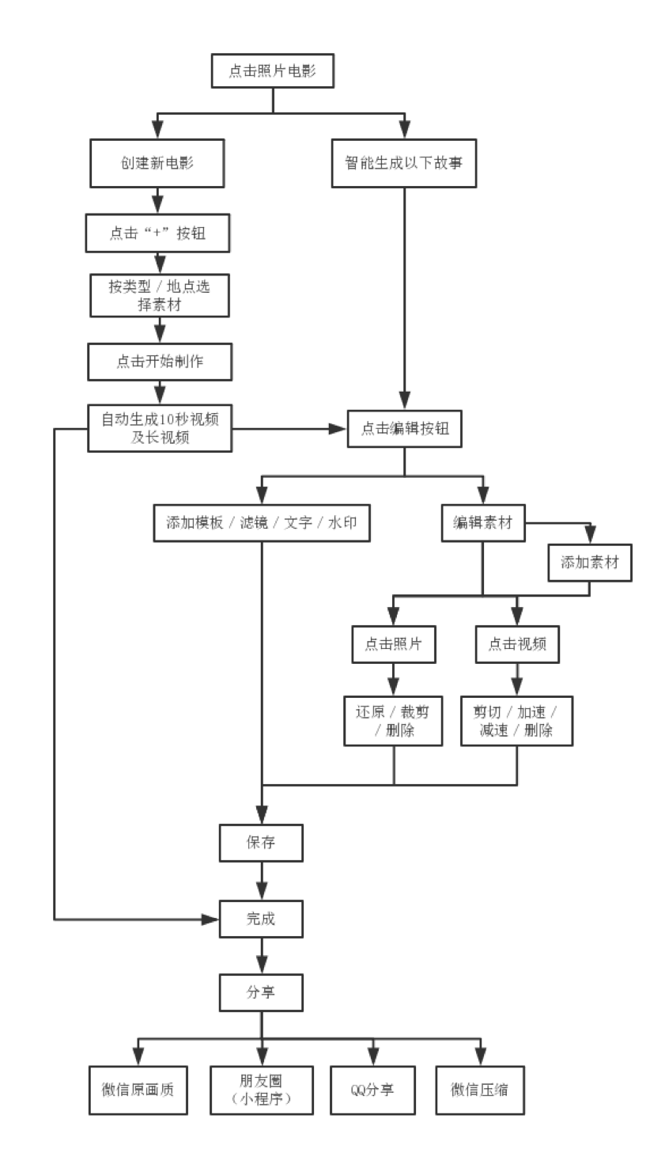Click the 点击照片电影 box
[273, 71]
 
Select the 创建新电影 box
[157, 163]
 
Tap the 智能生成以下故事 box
[404, 163]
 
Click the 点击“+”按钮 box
[157, 233]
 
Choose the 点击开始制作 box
[160, 362]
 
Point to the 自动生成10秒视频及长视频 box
[160, 428]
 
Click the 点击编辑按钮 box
[404, 428]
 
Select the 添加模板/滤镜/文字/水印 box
[262, 522]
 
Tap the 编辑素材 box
[482, 522]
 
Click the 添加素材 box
[590, 563]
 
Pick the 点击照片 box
[393, 643]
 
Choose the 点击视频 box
[517, 643]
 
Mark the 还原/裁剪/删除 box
[393, 720]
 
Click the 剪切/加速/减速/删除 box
[517, 720]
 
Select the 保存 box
[261, 843]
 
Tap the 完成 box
[261, 919]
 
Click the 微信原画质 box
[138, 1090]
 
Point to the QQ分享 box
[372, 1090]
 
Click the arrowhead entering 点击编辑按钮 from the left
[338, 428]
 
